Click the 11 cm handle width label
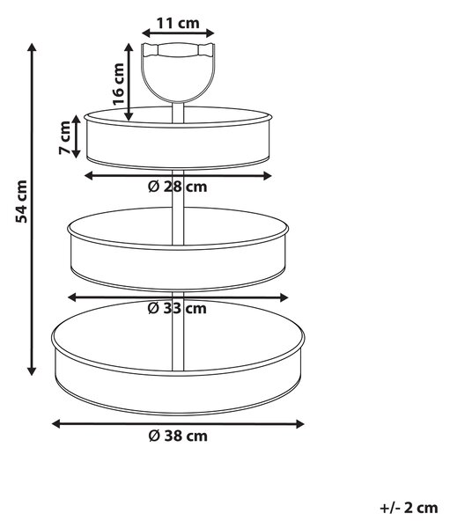click(x=178, y=23)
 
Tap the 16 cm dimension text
click(x=119, y=84)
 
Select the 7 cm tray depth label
click(x=64, y=137)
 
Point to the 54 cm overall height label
click(x=21, y=202)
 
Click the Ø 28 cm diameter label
click(x=178, y=187)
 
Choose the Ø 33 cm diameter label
click(x=177, y=309)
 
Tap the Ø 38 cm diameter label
click(x=178, y=436)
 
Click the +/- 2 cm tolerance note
click(x=409, y=508)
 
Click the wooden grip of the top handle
click(x=178, y=50)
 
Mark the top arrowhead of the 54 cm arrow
click(x=32, y=48)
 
